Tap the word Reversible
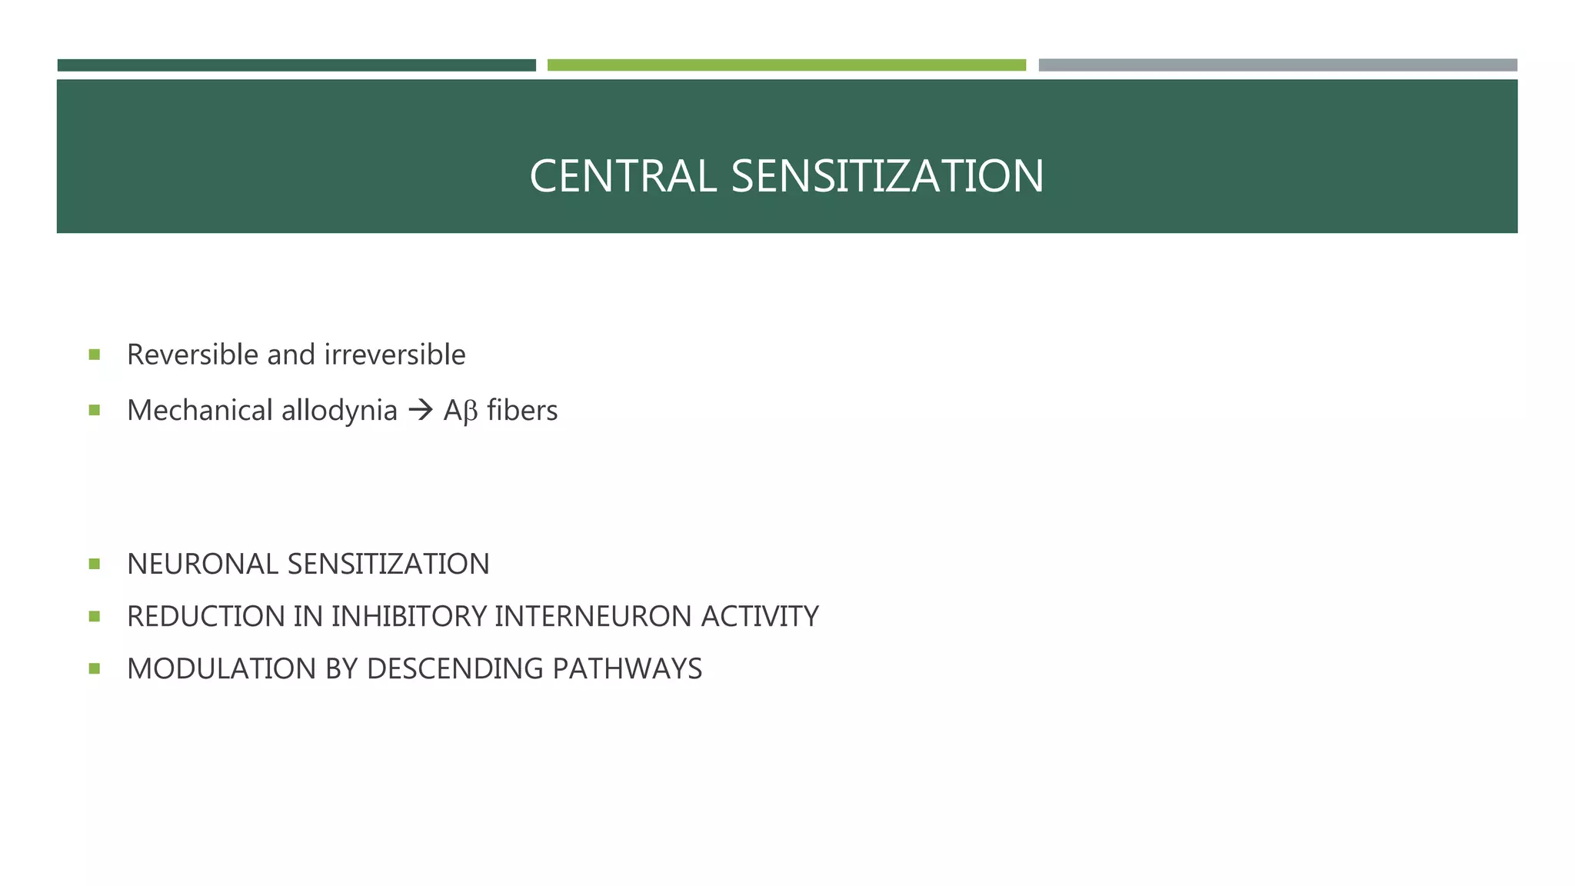tap(193, 355)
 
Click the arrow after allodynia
tap(421, 411)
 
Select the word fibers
tap(522, 411)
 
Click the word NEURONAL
tap(203, 565)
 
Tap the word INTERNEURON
tap(593, 617)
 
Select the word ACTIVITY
tap(760, 617)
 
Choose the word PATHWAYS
tap(627, 669)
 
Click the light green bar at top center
tap(786, 65)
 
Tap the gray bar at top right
tap(1277, 65)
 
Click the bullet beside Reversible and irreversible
tap(95, 355)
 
